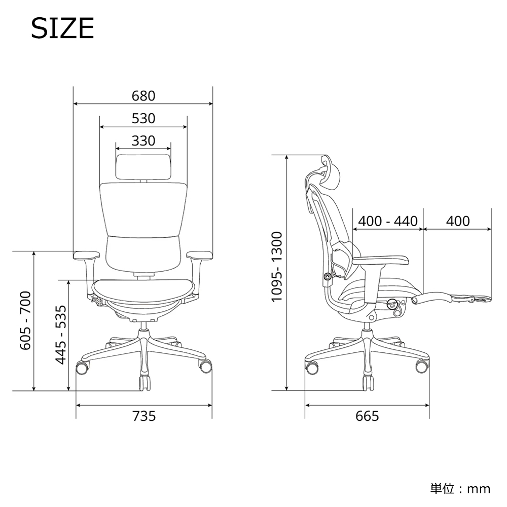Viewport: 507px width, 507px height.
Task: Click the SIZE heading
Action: click(x=62, y=28)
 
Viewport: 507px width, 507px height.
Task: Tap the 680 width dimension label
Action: click(x=143, y=96)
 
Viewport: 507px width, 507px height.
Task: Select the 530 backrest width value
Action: click(x=143, y=119)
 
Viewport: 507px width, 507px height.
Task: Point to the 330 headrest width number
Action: click(x=143, y=141)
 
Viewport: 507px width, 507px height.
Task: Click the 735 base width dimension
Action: click(x=144, y=416)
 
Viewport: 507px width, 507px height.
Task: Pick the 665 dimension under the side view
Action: click(x=367, y=416)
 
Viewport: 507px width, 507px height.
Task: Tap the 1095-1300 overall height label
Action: click(x=277, y=267)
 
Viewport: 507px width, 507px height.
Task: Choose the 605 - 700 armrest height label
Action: click(x=25, y=320)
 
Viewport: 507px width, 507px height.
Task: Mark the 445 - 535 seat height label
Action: click(x=61, y=335)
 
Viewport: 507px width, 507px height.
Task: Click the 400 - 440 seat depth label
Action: click(x=388, y=221)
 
